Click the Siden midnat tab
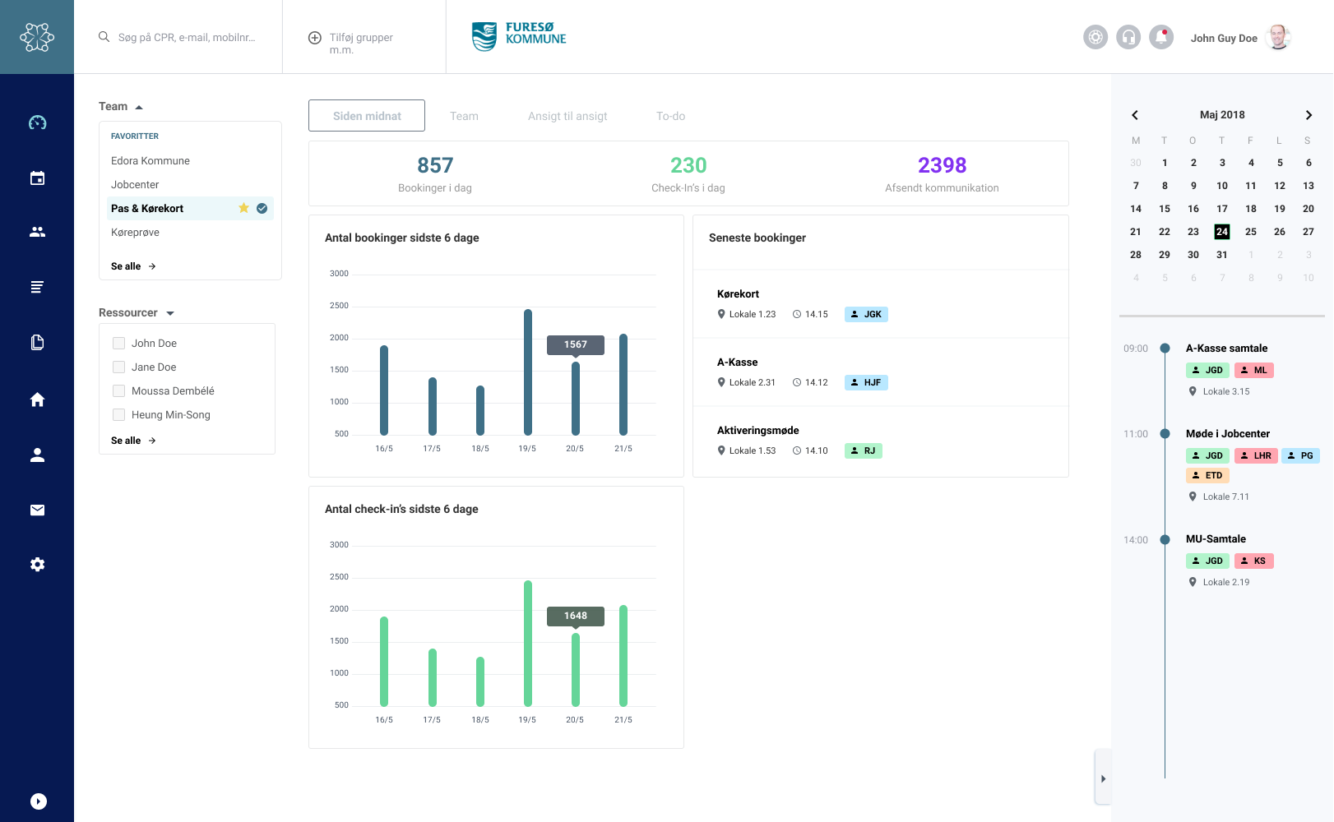(x=366, y=115)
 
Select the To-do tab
(x=670, y=116)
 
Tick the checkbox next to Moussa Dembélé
(x=118, y=390)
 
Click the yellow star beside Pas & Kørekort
(x=243, y=208)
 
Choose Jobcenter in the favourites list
(x=135, y=184)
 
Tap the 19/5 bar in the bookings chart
(x=528, y=372)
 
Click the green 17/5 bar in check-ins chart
(x=433, y=677)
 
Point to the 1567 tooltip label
(x=575, y=344)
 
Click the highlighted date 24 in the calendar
(x=1221, y=232)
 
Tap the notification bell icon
(x=1160, y=37)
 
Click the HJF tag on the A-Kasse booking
(x=866, y=382)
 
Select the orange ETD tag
(x=1207, y=475)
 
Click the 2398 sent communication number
(x=942, y=165)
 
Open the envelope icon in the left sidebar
(x=37, y=510)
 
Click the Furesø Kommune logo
(x=518, y=37)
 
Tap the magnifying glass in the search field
(x=104, y=37)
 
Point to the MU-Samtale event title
(x=1216, y=538)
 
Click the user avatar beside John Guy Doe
(x=1277, y=38)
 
